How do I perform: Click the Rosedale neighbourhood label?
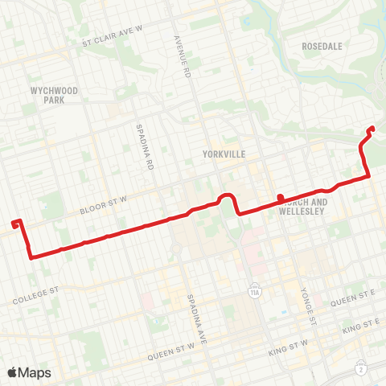pos(322,47)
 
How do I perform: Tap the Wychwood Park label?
pos(55,96)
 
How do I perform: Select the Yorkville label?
pos(225,153)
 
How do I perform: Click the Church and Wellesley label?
pos(303,207)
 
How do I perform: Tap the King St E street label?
pos(359,326)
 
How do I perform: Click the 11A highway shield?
pos(255,287)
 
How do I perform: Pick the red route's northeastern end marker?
pos(371,129)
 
